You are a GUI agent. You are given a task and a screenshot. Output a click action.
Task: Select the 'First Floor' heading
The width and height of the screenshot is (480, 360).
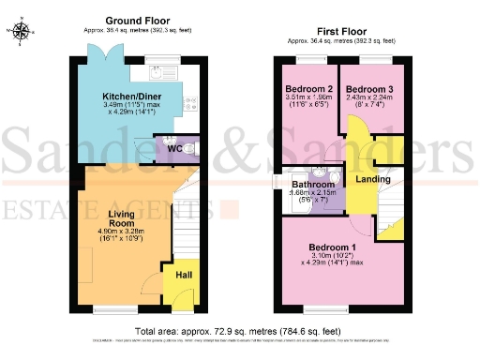pyautogui.click(x=341, y=31)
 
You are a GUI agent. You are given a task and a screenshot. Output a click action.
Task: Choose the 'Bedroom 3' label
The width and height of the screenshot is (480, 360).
pyautogui.click(x=371, y=90)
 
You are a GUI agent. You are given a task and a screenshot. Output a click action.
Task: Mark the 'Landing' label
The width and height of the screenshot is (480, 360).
pyautogui.click(x=372, y=179)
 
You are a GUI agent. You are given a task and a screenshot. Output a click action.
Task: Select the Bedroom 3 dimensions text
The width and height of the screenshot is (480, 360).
pyautogui.click(x=371, y=105)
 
